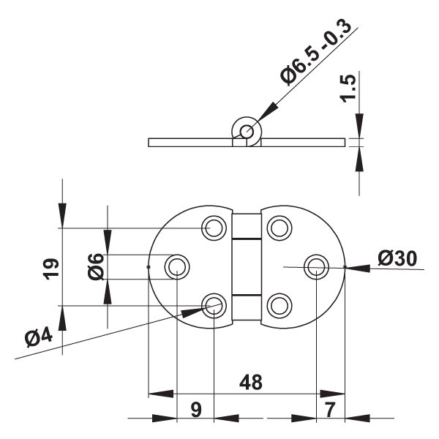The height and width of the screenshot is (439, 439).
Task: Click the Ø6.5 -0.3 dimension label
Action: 316,55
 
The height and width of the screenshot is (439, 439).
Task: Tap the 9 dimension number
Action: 195,410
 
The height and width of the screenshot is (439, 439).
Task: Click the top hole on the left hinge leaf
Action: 213,228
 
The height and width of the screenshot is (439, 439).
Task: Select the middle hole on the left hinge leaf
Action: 177,266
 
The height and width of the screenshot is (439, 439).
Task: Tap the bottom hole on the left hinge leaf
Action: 213,304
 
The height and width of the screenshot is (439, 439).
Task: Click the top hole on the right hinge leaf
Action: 278,228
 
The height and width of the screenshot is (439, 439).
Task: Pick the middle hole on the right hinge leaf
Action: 315,266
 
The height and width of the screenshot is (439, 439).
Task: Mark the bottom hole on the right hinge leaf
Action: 278,304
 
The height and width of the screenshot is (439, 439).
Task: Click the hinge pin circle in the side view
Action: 246,132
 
